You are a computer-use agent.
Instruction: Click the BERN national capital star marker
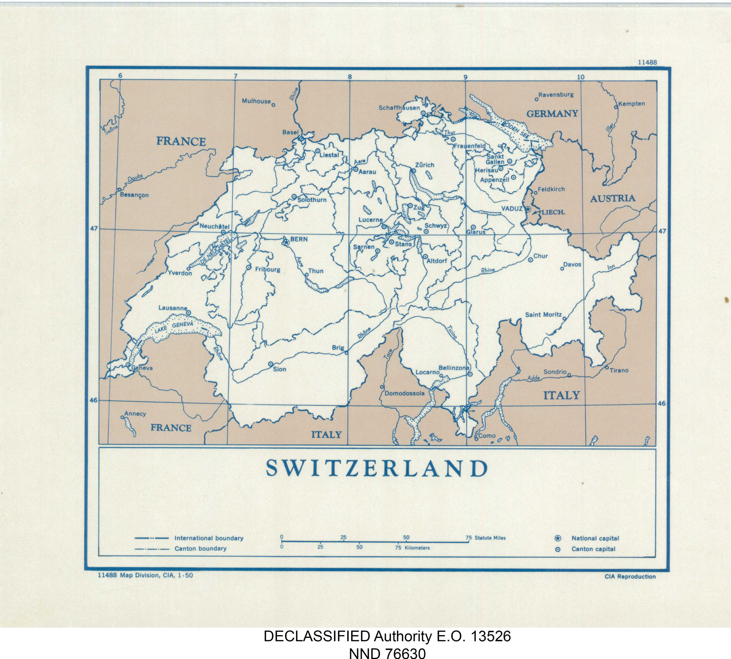[x=285, y=242]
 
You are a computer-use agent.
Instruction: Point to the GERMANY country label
[x=552, y=114]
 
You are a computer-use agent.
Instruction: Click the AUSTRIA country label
[x=612, y=199]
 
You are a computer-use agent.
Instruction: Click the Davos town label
[x=572, y=265]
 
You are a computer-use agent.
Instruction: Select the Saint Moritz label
[x=543, y=315]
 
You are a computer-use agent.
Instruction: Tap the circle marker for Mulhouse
[x=274, y=105]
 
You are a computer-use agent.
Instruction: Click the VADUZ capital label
[x=512, y=209]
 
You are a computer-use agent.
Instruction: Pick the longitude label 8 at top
[x=350, y=77]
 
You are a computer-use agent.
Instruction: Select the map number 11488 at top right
[x=647, y=62]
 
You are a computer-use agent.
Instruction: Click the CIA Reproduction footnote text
[x=630, y=577]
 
